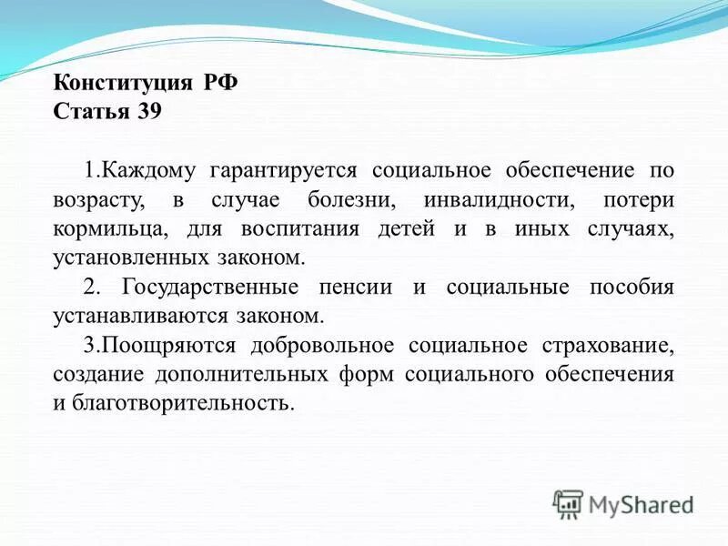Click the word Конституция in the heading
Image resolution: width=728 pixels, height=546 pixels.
121,84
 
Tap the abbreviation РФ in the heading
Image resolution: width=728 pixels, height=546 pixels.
218,84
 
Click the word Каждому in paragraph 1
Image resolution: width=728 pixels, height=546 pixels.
149,171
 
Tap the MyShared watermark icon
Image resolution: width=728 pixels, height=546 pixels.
568,504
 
